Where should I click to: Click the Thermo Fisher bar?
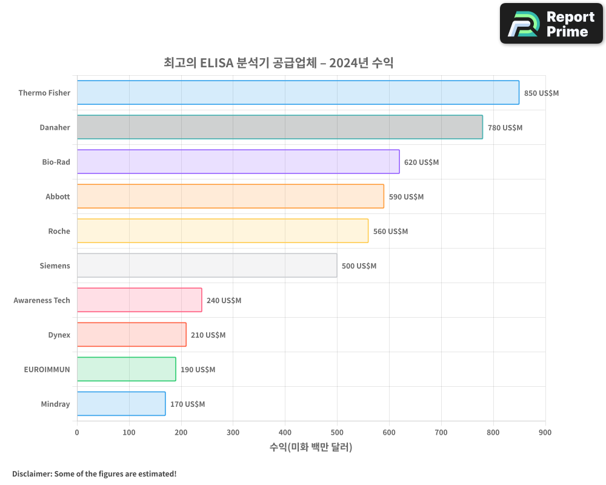(298, 93)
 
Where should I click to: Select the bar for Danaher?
(280, 127)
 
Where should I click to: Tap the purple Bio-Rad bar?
(238, 162)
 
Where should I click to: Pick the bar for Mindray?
(121, 404)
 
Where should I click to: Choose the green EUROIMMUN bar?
(127, 369)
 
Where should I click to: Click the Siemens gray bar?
(207, 266)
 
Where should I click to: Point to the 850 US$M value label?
(541, 93)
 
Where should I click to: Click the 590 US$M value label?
(406, 197)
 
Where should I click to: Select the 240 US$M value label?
(224, 301)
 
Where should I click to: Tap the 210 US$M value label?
(208, 335)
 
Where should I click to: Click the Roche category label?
(59, 231)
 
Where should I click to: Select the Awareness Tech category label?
(42, 300)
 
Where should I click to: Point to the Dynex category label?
(59, 335)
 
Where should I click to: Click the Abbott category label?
(58, 196)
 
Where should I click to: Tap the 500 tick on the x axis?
(337, 432)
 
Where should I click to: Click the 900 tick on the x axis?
(545, 432)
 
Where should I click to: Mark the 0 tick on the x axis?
(77, 432)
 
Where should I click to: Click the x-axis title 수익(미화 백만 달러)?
(311, 447)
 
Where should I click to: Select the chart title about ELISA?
(279, 62)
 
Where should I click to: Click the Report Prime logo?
(551, 24)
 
